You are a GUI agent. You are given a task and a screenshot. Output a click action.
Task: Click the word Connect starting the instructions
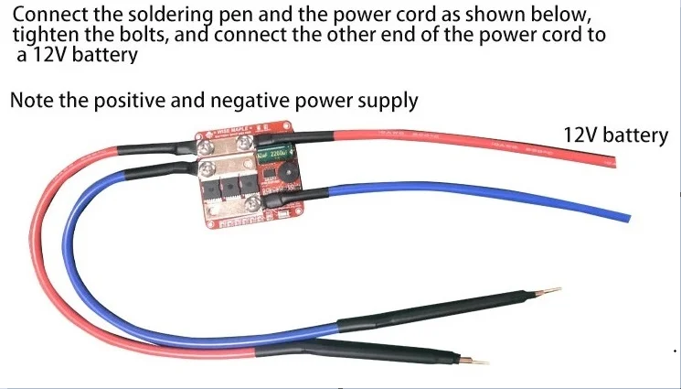pos(47,16)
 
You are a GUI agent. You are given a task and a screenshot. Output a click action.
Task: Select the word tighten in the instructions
pos(46,36)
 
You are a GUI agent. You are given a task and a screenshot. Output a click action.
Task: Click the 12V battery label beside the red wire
pos(615,135)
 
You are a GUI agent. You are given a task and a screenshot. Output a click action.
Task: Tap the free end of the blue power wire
pos(625,220)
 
